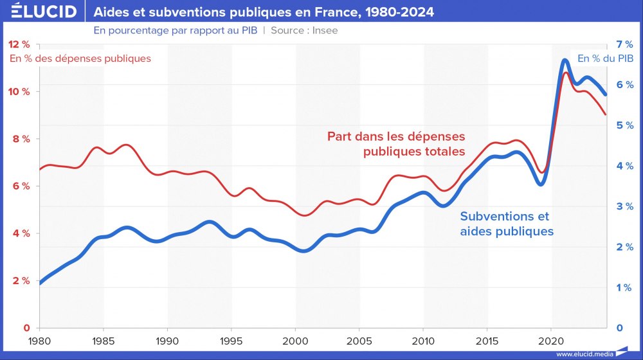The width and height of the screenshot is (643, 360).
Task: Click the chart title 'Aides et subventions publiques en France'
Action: pyautogui.click(x=264, y=12)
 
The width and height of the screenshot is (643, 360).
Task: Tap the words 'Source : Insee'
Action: pyautogui.click(x=304, y=30)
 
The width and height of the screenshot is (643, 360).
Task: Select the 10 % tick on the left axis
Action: pyautogui.click(x=19, y=91)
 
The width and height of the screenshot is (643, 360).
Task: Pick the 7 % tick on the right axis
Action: pyautogui.click(x=624, y=44)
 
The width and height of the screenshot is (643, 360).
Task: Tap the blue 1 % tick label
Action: pyautogui.click(x=624, y=287)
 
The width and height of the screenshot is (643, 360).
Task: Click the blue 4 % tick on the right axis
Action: pyautogui.click(x=624, y=166)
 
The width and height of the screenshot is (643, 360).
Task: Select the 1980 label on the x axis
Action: pyautogui.click(x=39, y=340)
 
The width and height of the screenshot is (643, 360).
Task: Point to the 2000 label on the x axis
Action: pyautogui.click(x=295, y=340)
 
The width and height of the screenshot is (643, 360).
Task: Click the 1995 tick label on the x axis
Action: pyautogui.click(x=231, y=340)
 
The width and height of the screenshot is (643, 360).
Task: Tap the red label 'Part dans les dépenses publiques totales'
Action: pyautogui.click(x=395, y=145)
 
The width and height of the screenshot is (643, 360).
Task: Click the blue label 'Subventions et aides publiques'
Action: pyautogui.click(x=507, y=224)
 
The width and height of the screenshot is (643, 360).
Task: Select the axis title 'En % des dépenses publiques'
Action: pyautogui.click(x=80, y=59)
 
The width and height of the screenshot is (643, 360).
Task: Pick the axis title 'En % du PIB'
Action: pyautogui.click(x=605, y=59)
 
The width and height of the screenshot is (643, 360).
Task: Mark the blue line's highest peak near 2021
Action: pyautogui.click(x=565, y=60)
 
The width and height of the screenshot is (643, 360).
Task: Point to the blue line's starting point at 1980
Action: pyautogui.click(x=40, y=282)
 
